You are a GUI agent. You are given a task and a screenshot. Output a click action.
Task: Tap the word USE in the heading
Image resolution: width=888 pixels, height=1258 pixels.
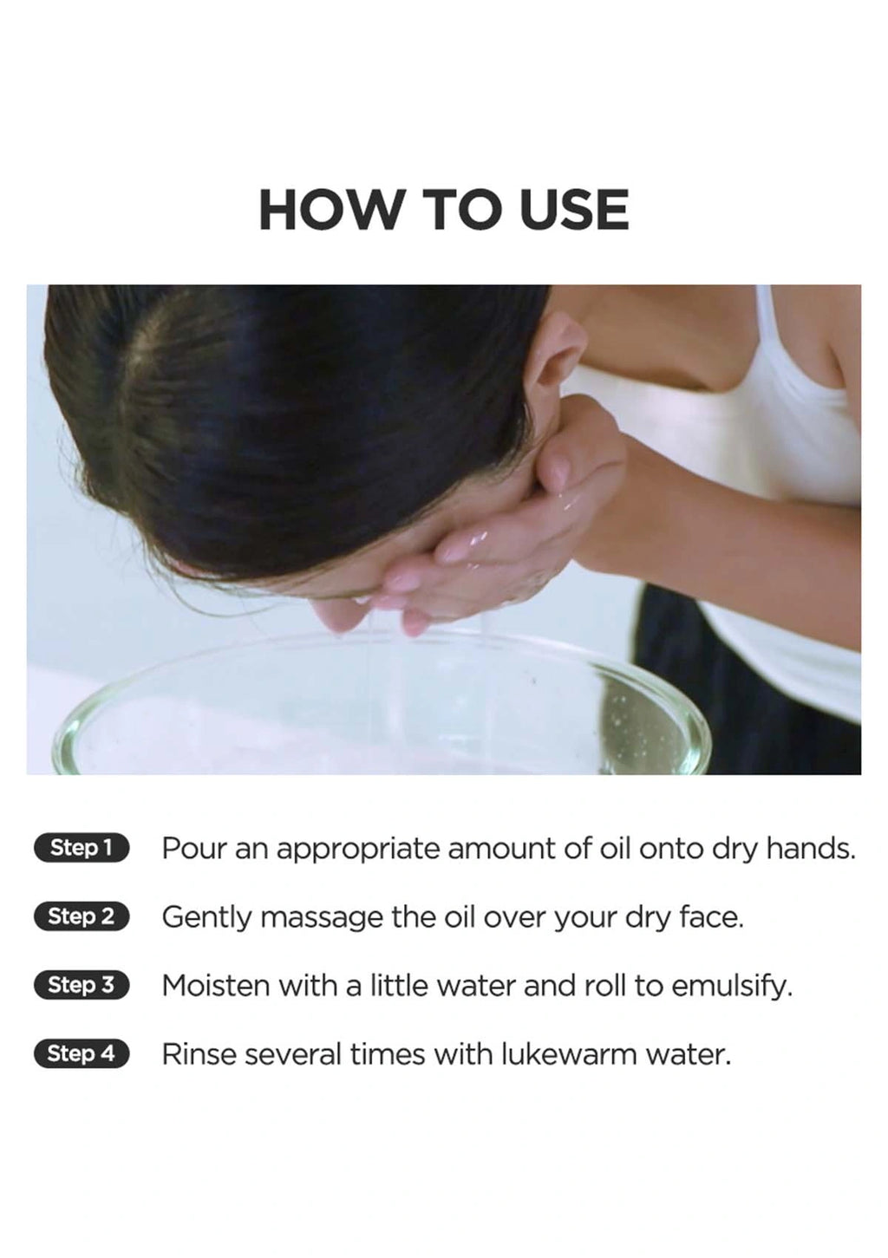pyautogui.click(x=572, y=210)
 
